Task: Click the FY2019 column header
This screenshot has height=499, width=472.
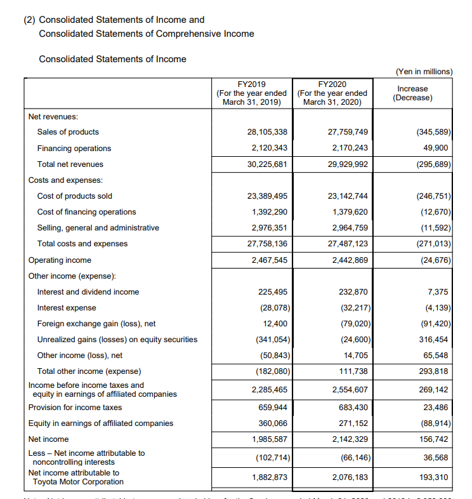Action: point(251,93)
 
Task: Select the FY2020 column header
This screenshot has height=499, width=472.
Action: point(332,93)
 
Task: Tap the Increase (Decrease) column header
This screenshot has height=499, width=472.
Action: point(412,93)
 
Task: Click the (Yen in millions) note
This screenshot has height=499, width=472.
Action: point(424,72)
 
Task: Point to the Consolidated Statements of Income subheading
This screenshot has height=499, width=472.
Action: point(112,59)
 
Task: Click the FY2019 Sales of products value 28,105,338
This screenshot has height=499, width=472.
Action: point(266,132)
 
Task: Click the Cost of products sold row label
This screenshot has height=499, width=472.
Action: point(75,196)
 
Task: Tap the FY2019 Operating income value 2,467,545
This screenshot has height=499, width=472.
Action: point(268,260)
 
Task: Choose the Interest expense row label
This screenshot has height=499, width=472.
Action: point(67,308)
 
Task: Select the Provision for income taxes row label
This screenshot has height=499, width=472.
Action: point(75,408)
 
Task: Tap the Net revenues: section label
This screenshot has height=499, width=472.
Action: point(53,117)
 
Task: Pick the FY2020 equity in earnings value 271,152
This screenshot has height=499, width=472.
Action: point(349,423)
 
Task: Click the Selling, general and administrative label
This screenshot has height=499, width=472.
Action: point(98,228)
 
